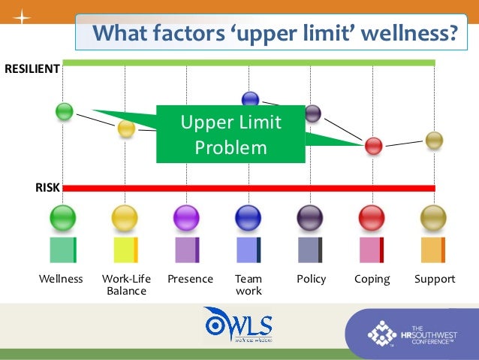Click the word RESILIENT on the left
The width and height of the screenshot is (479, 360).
pos(32,69)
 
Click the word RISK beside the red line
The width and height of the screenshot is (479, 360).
pos(47,188)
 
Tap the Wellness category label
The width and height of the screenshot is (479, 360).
pos(61,279)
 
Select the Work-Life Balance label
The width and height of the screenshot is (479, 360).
pos(126,285)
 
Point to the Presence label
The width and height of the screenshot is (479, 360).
pos(190,279)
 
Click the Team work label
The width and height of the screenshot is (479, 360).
pos(249,285)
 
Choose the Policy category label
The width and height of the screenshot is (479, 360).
pos(311,279)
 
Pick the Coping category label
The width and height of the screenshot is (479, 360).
pos(372,279)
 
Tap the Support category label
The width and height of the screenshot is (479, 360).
pos(435,279)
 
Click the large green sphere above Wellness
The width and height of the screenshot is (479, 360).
pos(63,218)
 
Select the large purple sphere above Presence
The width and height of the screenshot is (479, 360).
pos(186,218)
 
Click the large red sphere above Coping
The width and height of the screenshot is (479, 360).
pos(372,218)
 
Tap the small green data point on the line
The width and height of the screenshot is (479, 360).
pos(65,111)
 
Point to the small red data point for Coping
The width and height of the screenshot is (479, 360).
pos(373,146)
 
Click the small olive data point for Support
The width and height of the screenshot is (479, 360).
pos(434,140)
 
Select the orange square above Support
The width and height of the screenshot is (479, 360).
pos(432,250)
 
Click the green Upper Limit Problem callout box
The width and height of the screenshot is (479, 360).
pos(230,134)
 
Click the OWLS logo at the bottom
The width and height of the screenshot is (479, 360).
pos(238,325)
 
